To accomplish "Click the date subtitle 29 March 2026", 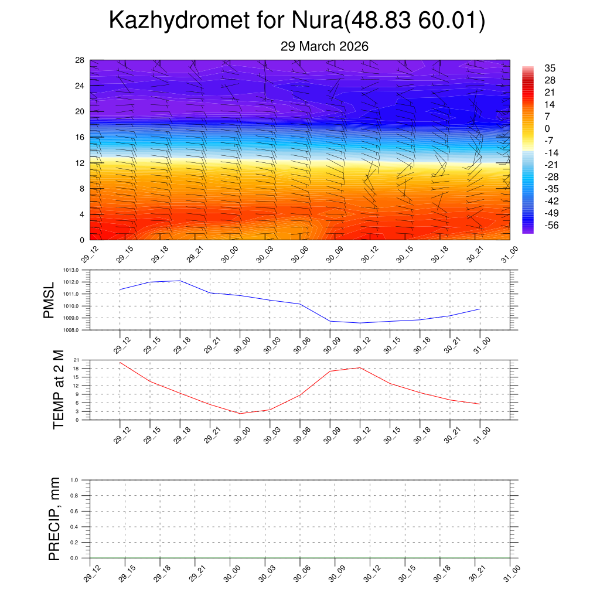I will coord(324,46).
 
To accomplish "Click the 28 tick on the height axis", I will coord(80,60).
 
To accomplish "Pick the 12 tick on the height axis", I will coord(80,163).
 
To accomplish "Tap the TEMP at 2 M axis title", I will coord(59,389).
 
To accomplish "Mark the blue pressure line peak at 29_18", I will coord(180,281).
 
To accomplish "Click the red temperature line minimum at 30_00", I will coord(240,414).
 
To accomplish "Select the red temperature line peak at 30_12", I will coord(360,367).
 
